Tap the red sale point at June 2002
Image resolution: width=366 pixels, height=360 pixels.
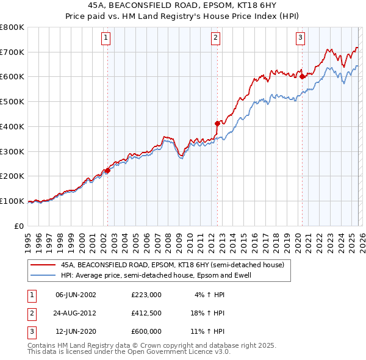[x=108, y=171]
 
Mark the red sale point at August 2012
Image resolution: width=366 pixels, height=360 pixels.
[x=217, y=123]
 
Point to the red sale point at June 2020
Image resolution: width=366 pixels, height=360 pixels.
[x=302, y=76]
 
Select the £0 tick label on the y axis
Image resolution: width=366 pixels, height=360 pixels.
[x=20, y=226]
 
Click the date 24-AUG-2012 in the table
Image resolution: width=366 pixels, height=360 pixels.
[x=76, y=312]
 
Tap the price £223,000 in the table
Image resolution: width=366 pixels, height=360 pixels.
[x=146, y=294]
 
